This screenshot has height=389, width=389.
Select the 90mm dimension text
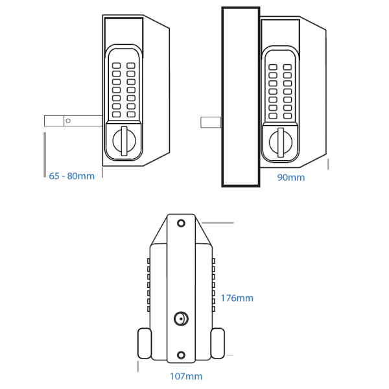click(290, 176)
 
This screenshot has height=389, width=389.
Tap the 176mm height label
click(237, 298)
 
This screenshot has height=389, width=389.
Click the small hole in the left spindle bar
click(67, 121)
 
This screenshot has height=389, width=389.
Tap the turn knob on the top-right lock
click(280, 140)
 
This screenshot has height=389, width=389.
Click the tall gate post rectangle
click(241, 97)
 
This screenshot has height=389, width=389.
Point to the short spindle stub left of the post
click(211, 121)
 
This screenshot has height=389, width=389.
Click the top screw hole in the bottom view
click(181, 222)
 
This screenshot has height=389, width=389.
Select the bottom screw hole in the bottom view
click(181, 354)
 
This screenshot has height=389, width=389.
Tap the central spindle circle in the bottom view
click(181, 318)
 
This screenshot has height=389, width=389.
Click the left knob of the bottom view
click(143, 343)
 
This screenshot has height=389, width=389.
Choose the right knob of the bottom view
click(218, 343)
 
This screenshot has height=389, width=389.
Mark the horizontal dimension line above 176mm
click(218, 222)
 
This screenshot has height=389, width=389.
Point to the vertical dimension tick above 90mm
click(329, 163)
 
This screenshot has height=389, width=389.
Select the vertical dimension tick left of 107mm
click(139, 368)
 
